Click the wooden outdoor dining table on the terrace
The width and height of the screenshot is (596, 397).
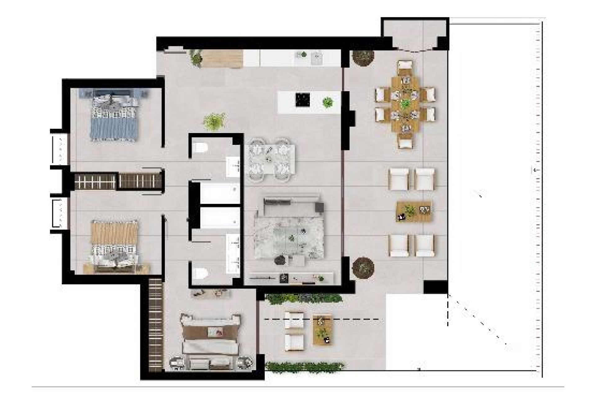[405, 104]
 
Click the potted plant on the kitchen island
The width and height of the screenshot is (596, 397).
[327, 102]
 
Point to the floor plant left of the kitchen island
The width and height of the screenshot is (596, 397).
[214, 121]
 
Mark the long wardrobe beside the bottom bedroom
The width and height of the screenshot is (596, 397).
[156, 326]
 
